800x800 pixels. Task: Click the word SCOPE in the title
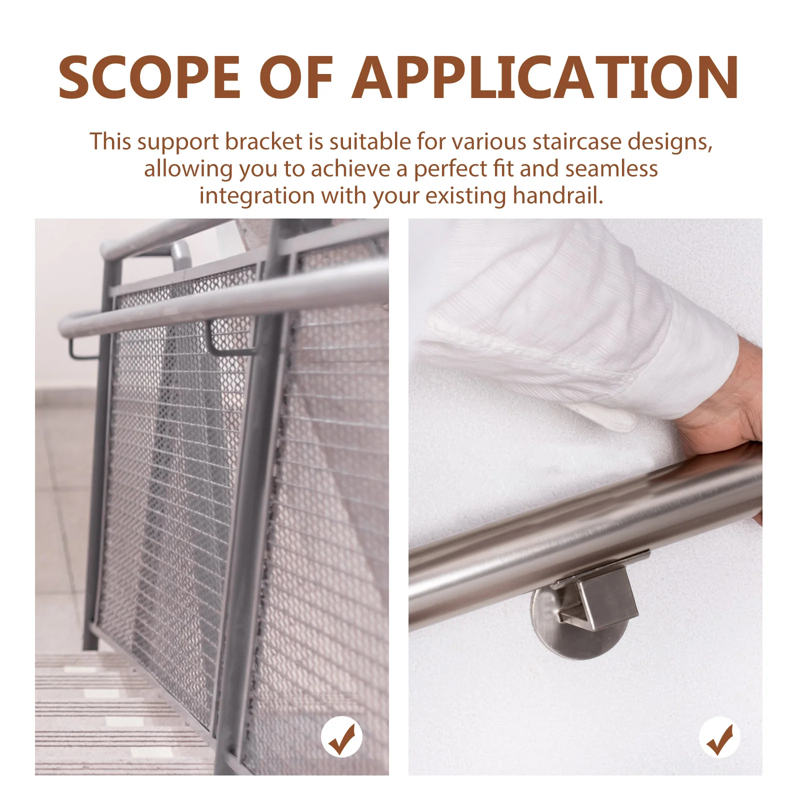coord(149,77)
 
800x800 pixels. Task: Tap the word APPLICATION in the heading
coord(545,77)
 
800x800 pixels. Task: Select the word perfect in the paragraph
coord(449,169)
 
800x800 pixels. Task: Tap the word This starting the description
coord(110,142)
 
